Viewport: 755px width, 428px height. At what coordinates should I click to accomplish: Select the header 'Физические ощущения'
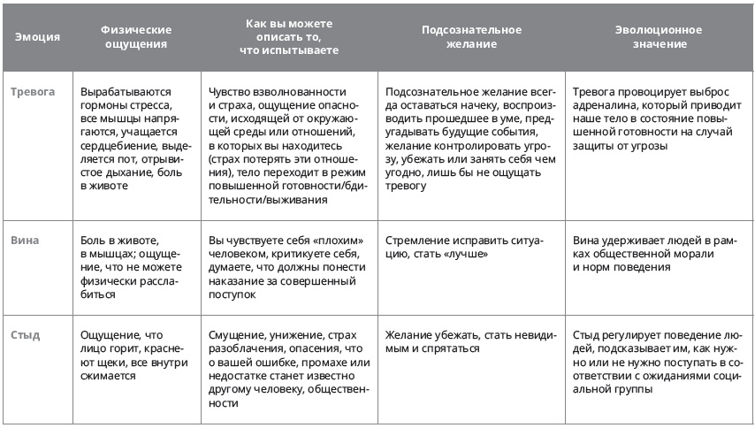point(136,37)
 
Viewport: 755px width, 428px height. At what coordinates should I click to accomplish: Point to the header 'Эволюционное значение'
point(659,37)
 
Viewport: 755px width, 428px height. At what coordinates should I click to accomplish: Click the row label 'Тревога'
point(33,92)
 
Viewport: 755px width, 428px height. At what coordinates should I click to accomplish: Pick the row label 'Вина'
point(25,241)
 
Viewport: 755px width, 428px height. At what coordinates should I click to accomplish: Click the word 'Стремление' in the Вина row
point(419,241)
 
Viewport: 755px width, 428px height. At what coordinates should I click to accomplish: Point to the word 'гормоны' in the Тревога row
point(103,105)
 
